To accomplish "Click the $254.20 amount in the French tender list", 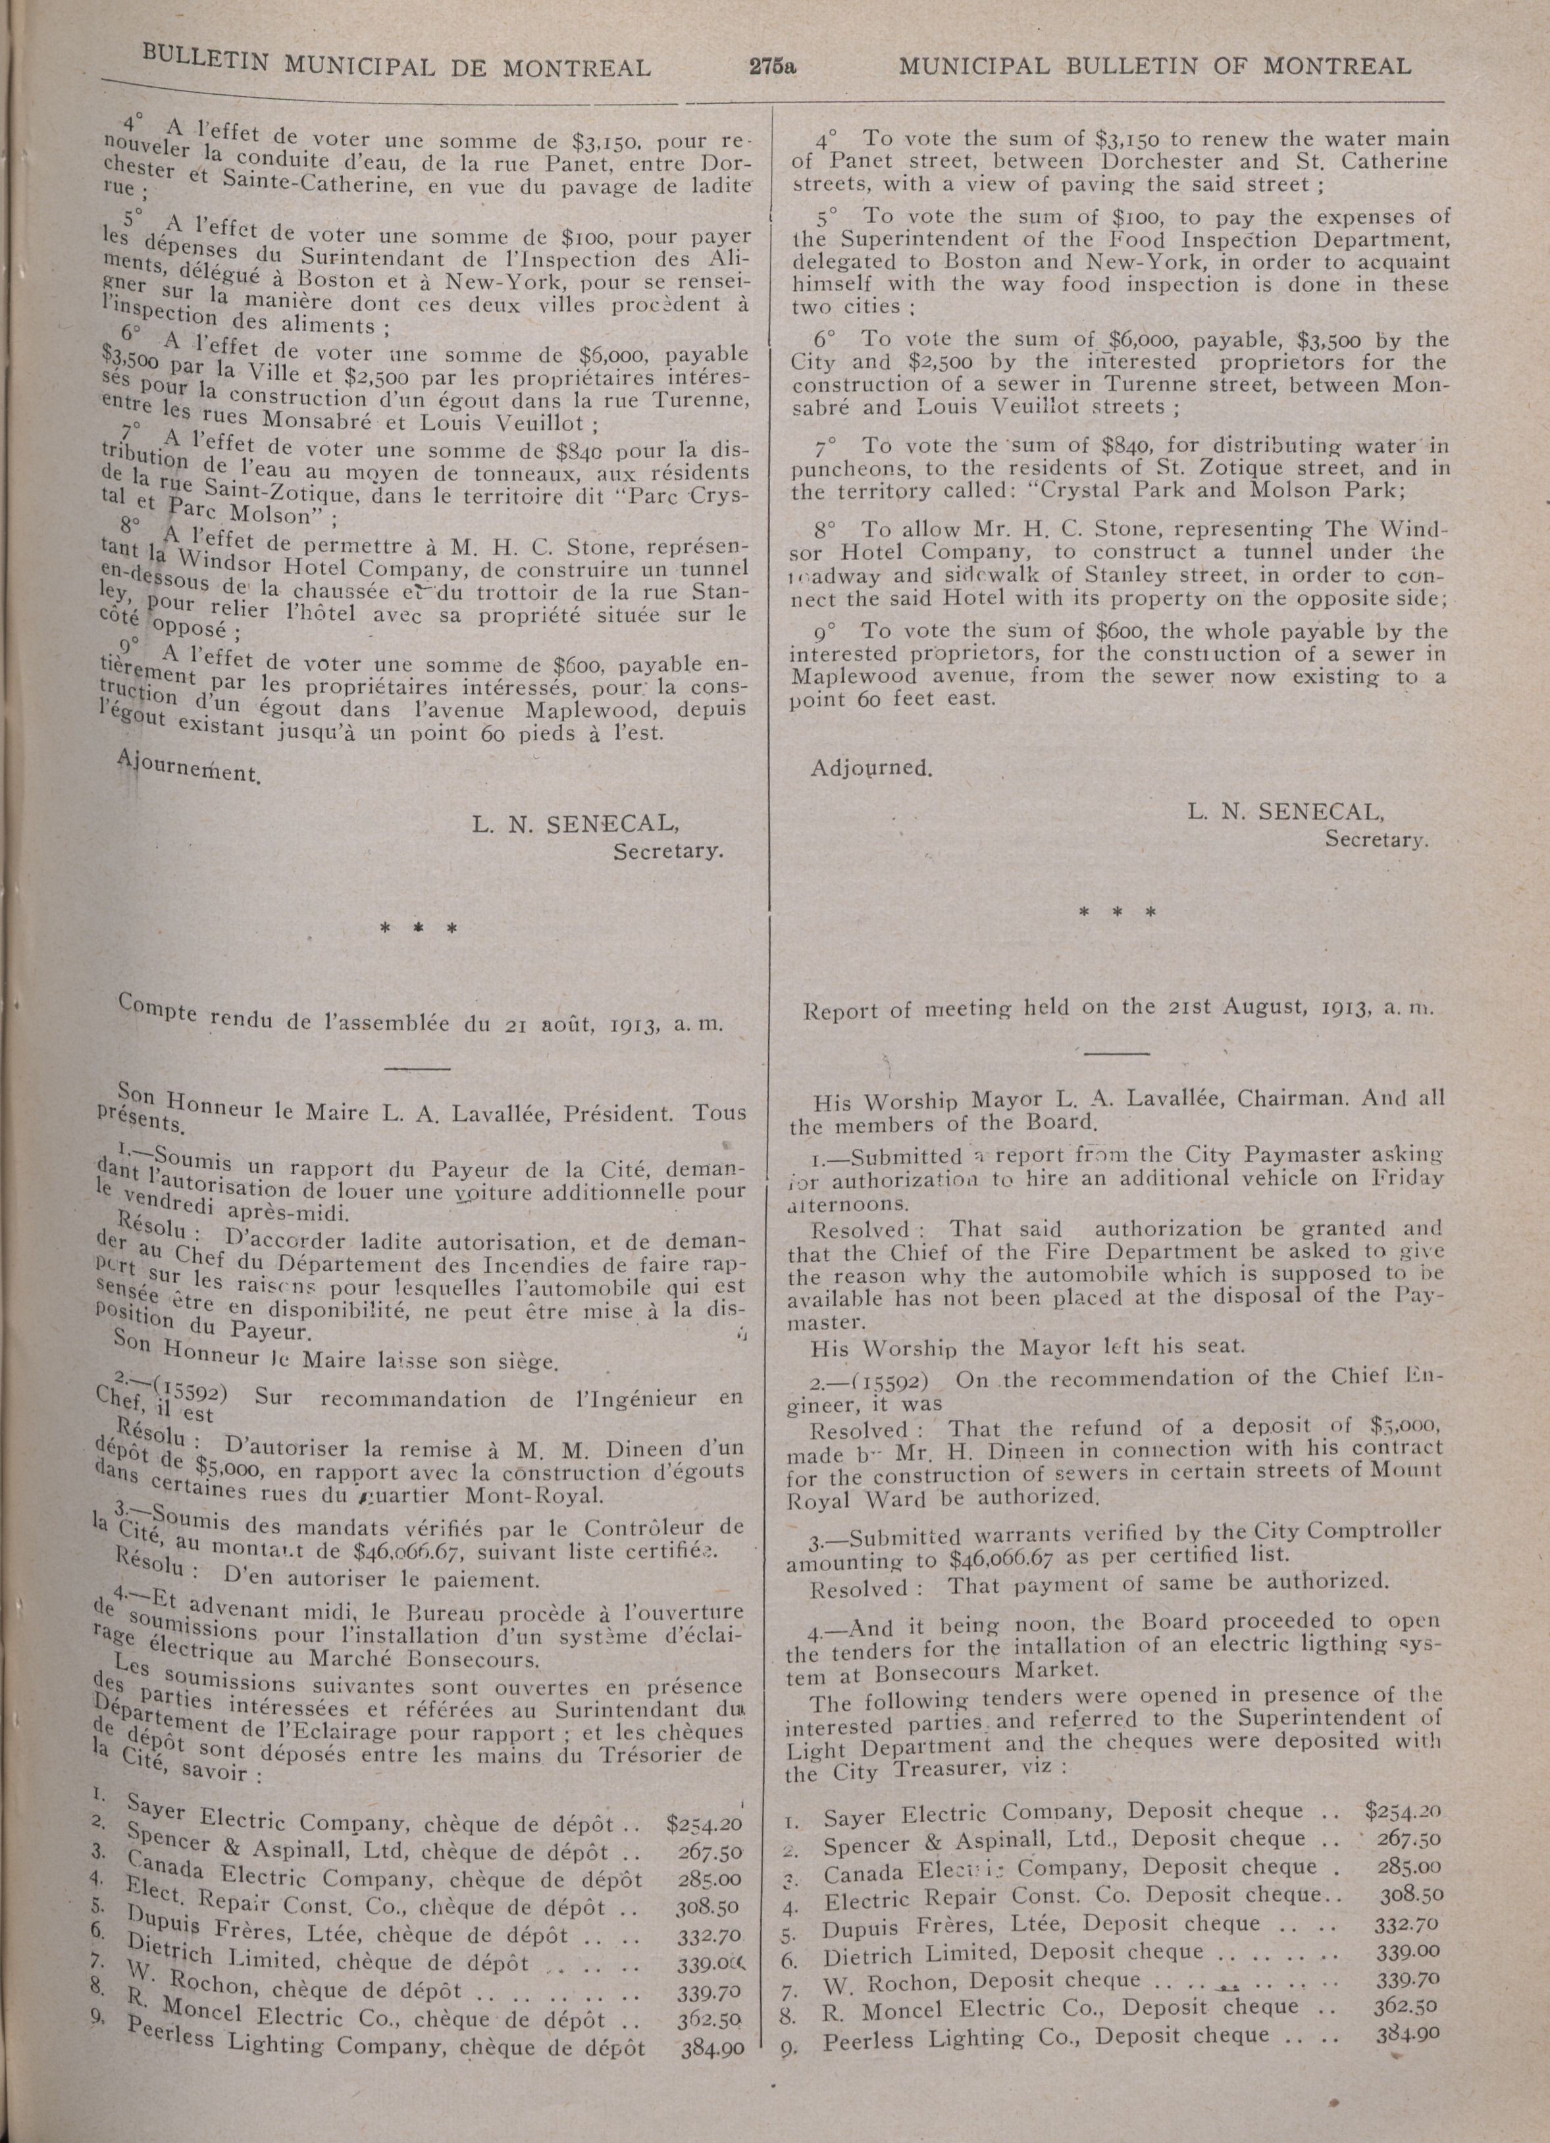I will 705,1820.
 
